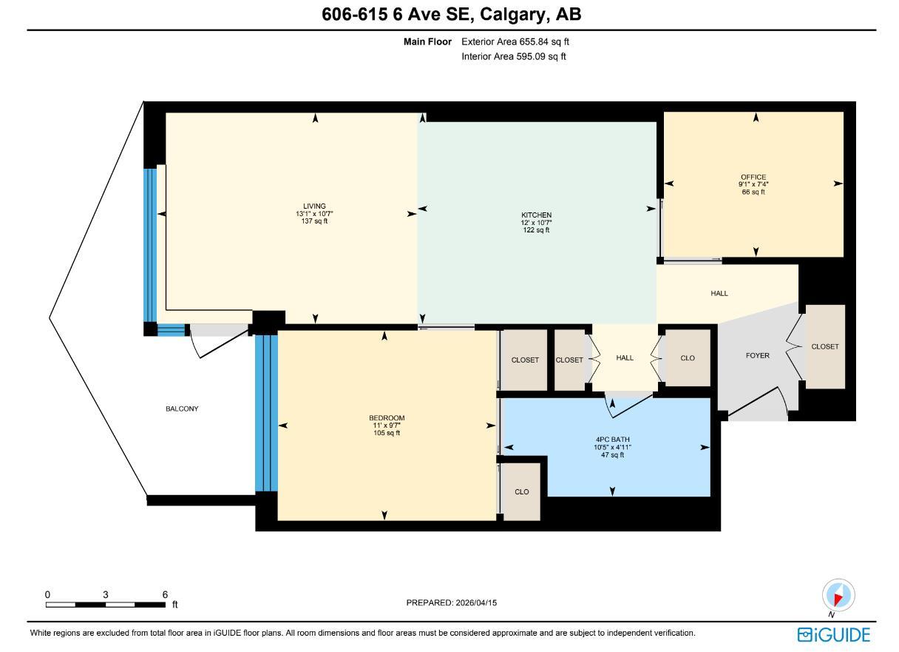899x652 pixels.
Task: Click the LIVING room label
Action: [314, 206]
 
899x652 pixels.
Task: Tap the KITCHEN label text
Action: [536, 215]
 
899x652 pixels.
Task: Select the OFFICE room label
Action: [753, 177]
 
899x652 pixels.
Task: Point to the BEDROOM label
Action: [387, 418]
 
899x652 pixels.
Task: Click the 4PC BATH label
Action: [612, 440]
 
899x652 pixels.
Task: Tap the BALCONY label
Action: [182, 409]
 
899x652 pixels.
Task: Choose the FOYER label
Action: [757, 355]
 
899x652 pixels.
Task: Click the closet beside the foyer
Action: [825, 346]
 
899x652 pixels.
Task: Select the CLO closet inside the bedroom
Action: [521, 491]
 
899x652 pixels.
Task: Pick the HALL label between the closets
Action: [625, 358]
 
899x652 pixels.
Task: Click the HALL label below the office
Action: [719, 293]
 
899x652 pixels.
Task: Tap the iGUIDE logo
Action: [834, 635]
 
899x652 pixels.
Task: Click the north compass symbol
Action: [838, 595]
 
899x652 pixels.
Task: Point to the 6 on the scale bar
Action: [165, 594]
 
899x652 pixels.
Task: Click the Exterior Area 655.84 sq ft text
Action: [515, 41]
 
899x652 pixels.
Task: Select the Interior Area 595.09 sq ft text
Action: [513, 57]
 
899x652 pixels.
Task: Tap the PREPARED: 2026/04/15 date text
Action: [451, 602]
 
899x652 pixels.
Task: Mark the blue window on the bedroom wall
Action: [266, 414]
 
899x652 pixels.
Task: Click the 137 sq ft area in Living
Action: [314, 221]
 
